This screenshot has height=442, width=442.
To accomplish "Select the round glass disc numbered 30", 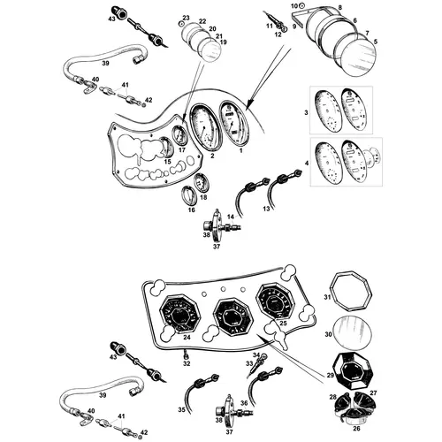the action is pyautogui.click(x=352, y=335).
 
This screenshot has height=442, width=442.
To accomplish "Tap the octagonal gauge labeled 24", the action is pyautogui.click(x=180, y=312).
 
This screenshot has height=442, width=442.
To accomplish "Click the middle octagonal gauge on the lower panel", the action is pyautogui.click(x=233, y=316).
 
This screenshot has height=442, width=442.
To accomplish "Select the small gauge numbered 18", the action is pyautogui.click(x=202, y=183).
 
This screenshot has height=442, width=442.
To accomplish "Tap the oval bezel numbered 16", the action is pyautogui.click(x=188, y=196).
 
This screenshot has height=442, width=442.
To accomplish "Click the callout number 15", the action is pyautogui.click(x=167, y=162).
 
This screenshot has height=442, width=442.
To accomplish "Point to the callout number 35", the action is pyautogui.click(x=182, y=409).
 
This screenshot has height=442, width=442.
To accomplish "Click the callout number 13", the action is pyautogui.click(x=266, y=209).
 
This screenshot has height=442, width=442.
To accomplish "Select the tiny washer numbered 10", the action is pyautogui.click(x=302, y=5).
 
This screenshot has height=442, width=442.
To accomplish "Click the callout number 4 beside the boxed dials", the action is pyautogui.click(x=307, y=163).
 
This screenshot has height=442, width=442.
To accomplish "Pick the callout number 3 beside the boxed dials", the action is pyautogui.click(x=306, y=112).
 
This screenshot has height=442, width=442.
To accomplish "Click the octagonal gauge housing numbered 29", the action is pyautogui.click(x=353, y=372).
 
